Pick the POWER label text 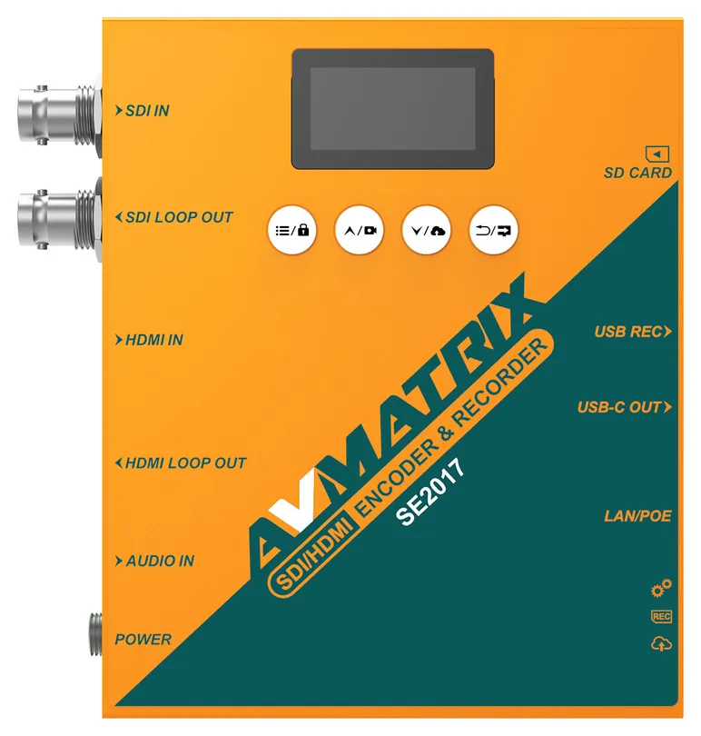point(143,640)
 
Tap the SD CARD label point(637,173)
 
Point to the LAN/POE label point(637,516)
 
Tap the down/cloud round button point(427,231)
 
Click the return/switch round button point(494,231)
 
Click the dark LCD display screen point(393,109)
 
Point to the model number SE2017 point(430,492)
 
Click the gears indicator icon point(662,588)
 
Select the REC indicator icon point(662,616)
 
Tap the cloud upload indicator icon point(662,643)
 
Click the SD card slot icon point(657,154)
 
